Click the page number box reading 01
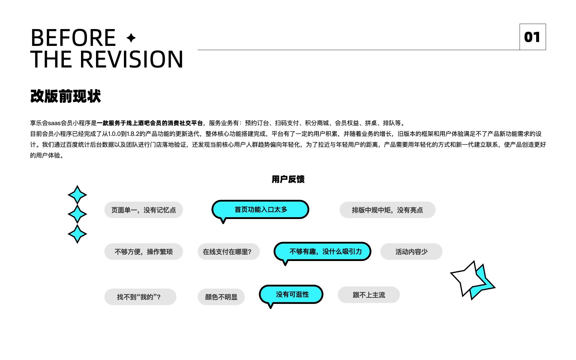532,37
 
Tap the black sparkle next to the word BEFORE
131,38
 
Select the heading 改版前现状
66,96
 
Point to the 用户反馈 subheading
288,179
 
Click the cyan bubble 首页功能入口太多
260,210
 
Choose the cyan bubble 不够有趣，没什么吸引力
322,252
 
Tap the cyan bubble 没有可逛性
291,295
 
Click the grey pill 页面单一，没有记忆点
144,210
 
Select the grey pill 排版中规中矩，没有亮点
387,210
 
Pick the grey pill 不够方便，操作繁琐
144,252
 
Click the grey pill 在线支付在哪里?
229,252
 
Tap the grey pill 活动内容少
411,252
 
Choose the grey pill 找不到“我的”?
140,297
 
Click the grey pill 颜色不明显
221,297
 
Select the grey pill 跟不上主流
369,295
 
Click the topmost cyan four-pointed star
77,195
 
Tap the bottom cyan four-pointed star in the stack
77,234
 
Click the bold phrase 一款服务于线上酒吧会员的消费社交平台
150,123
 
